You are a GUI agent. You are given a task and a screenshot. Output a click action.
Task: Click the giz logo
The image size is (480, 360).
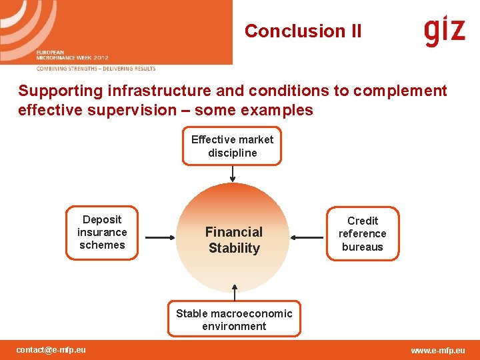point(444,31)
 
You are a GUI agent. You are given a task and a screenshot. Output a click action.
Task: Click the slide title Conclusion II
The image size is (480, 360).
point(303,31)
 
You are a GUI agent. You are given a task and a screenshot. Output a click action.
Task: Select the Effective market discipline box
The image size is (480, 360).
point(232,146)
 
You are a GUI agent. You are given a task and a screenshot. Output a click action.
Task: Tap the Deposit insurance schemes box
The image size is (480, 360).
point(102,233)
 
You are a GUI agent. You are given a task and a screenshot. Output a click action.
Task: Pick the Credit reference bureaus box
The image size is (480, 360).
point(362,234)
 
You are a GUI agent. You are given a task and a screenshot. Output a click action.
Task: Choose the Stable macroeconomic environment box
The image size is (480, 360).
point(234,320)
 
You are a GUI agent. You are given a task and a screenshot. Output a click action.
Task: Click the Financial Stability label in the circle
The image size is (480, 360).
point(233,240)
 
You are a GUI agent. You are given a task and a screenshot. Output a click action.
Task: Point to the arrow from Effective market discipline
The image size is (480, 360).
point(232,174)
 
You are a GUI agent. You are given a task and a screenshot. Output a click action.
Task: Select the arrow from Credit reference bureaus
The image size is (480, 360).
point(307,237)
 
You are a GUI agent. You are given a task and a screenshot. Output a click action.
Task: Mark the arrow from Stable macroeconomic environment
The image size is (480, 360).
point(234,293)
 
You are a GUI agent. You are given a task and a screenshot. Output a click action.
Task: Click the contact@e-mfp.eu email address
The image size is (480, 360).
point(51,350)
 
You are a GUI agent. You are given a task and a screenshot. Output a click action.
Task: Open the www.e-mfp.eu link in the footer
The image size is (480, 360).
point(438,351)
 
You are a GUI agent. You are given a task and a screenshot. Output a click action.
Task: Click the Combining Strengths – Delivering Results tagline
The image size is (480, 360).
point(96,69)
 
